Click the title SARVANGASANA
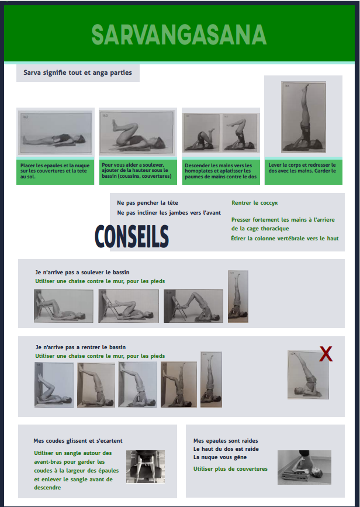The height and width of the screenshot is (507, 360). (x=179, y=35)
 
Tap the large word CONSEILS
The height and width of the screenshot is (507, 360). (x=132, y=237)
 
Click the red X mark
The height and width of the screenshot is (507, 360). (x=326, y=354)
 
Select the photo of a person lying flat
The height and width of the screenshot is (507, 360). (x=56, y=133)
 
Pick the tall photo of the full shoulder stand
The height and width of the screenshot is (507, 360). (x=303, y=117)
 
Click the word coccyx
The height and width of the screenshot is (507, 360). (x=269, y=203)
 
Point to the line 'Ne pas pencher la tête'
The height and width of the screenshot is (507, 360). (x=147, y=203)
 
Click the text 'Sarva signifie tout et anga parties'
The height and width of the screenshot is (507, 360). (x=78, y=73)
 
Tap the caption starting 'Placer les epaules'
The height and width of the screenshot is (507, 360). (x=55, y=171)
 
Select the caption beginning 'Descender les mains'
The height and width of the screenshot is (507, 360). (x=221, y=171)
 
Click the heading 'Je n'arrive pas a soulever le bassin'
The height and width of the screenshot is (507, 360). (x=82, y=273)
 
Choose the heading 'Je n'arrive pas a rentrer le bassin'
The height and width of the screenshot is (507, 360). (x=81, y=347)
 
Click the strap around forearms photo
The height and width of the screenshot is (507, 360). (x=146, y=467)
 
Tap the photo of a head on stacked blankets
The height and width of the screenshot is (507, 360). (x=304, y=467)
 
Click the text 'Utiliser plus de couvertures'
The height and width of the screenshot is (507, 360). (x=230, y=469)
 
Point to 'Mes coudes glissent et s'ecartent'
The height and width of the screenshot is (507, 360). (x=78, y=441)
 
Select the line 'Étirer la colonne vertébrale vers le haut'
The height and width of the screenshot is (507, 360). (x=285, y=239)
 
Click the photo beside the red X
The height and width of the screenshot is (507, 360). (x=308, y=375)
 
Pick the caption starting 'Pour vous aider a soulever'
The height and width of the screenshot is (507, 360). (x=137, y=170)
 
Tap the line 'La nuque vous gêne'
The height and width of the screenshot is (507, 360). (x=220, y=457)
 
